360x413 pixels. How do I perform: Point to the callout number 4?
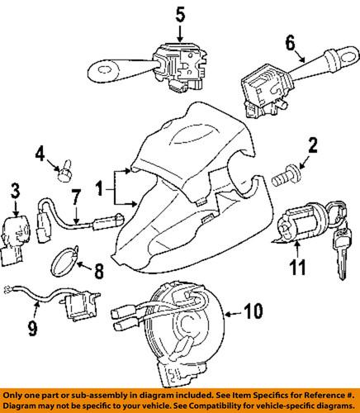tap(39, 153)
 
